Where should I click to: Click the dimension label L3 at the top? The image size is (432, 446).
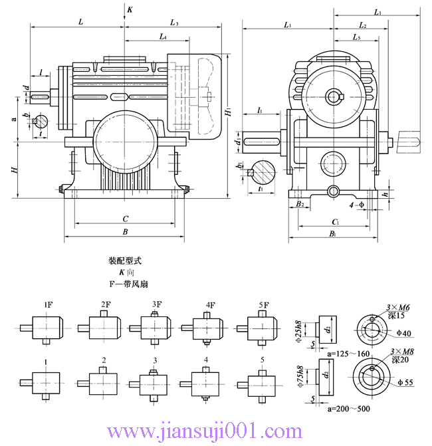click(174, 23)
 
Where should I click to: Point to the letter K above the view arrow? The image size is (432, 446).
click(130, 10)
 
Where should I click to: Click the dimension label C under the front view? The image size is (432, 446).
click(125, 218)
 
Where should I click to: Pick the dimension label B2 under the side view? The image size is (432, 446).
click(300, 204)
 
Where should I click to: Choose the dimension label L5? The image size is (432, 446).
click(357, 39)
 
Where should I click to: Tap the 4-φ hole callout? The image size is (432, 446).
click(356, 204)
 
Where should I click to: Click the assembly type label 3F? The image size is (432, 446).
click(157, 305)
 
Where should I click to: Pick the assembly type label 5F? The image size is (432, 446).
click(264, 305)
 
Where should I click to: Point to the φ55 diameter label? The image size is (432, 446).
click(405, 383)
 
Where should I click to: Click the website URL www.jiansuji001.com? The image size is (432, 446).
click(216, 433)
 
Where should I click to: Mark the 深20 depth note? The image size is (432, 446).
click(401, 360)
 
